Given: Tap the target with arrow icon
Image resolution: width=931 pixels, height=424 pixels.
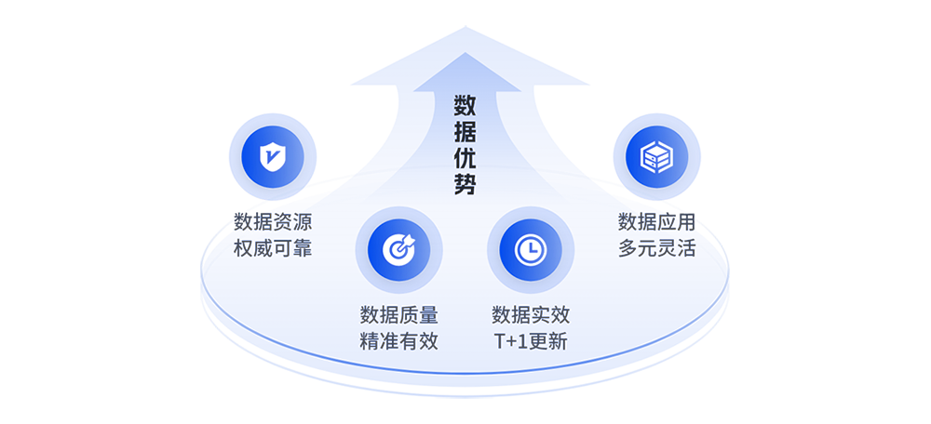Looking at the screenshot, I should coord(398,248).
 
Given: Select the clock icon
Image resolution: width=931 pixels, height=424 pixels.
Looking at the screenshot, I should coord(528,248).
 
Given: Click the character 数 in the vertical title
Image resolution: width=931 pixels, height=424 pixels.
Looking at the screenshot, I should coord(465,102).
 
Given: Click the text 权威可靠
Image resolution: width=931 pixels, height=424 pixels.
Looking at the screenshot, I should coord(272,248).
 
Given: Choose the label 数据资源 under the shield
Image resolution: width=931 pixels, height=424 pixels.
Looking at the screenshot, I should coord(272,223).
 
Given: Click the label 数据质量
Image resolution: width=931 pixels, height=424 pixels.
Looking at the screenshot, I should coord(398,314).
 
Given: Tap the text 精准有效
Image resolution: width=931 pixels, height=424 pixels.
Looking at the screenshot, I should coord(398,340).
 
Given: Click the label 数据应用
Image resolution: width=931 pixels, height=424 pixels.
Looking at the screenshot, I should coord(657,223).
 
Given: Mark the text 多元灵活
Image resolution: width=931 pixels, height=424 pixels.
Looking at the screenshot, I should coord(657,248).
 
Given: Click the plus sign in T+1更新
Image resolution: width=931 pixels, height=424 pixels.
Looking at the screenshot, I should coord(512,341).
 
